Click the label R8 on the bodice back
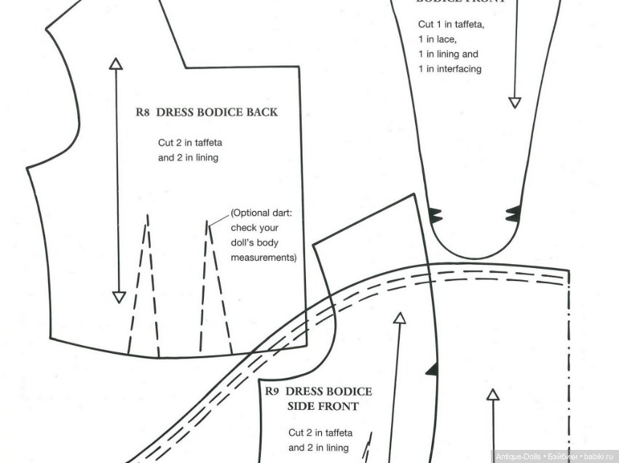143,113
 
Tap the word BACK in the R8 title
260,113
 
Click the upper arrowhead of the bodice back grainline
116,63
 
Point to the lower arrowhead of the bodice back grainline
119,296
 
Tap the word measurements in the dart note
264,258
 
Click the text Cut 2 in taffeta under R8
190,143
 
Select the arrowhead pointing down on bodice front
515,102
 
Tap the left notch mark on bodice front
435,214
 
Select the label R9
272,392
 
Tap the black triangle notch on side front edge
433,368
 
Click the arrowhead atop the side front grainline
399,318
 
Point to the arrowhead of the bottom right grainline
492,395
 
